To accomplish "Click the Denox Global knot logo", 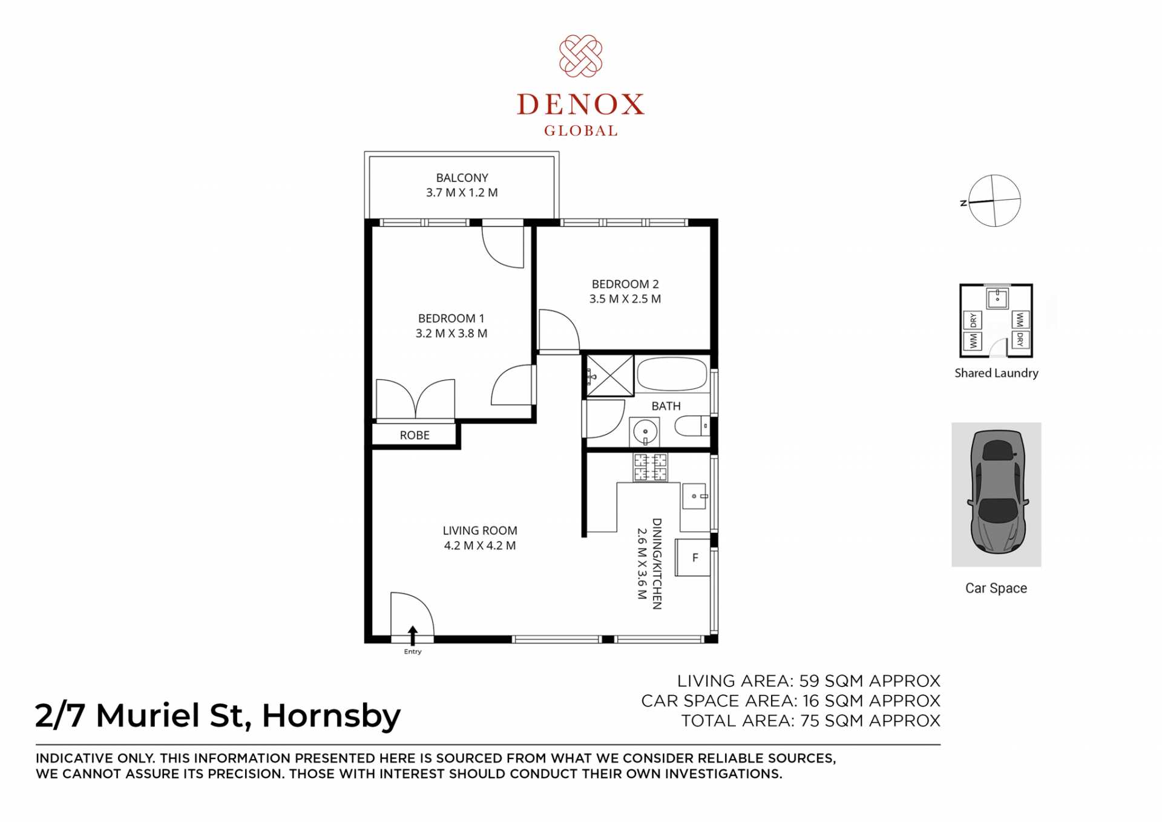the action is point(580,56).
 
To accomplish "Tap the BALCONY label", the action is point(462,178).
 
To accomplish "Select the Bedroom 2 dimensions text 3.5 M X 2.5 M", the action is point(625,299).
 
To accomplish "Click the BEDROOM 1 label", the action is point(451,318).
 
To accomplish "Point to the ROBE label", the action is point(415,435).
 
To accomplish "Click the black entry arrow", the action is point(413,635).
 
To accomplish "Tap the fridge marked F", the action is point(693,558).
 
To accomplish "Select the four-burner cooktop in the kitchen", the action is point(650,467).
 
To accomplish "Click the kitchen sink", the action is point(695,496).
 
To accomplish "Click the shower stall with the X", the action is point(609,376).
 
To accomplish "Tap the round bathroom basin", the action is point(645,432).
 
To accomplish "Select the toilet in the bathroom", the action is point(692,426).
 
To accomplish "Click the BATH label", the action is point(666,406).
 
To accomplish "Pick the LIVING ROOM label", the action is point(480,530).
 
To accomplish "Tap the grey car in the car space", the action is point(997,492).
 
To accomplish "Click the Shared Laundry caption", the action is point(996,373).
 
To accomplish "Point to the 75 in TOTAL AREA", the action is point(810,721).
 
